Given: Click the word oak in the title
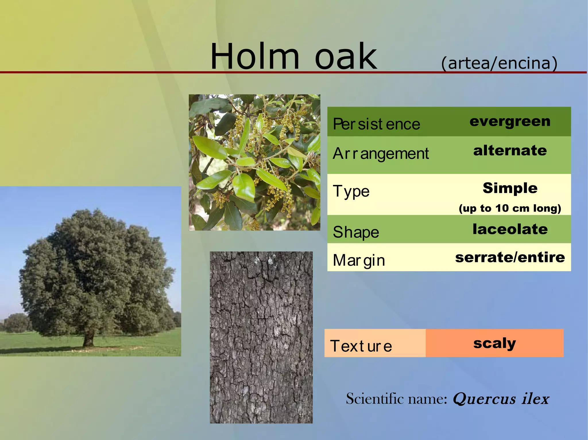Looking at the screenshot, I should point(346,56).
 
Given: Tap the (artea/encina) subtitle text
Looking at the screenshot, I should point(499,63).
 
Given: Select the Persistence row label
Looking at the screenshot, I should point(376,124).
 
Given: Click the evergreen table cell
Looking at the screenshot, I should point(510,121).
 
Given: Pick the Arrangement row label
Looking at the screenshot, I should point(381,154).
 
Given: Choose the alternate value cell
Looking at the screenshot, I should point(510,151).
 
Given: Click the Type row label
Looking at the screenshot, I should point(351,191).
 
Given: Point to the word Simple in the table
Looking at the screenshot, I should point(510,188).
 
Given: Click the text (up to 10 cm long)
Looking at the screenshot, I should point(510,208).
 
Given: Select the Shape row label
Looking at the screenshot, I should point(356,232).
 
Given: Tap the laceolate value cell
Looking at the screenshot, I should point(510,229).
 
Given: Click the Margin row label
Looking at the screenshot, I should point(359,260).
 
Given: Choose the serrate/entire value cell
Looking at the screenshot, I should point(510,257).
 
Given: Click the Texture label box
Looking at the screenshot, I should point(361,346).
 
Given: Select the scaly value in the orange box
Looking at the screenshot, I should point(494,343).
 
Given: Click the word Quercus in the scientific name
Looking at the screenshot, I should point(484,399).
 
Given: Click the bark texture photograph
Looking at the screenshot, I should point(261,337).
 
